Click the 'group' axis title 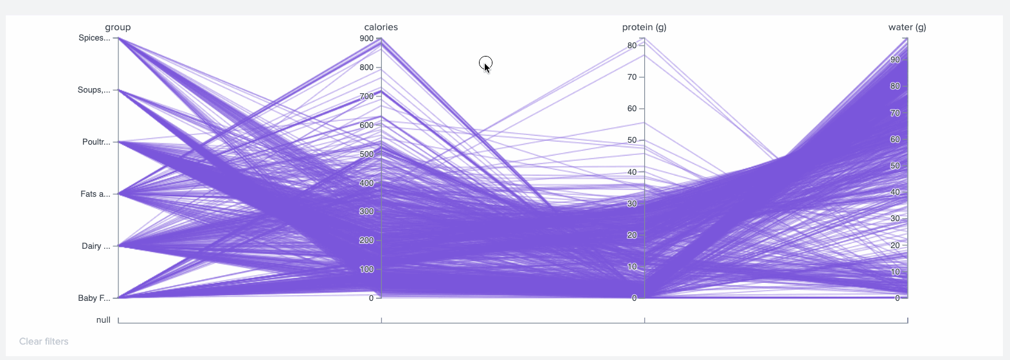[x=118, y=27]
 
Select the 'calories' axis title [x=381, y=27]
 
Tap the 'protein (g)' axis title [x=644, y=27]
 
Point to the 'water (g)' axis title [x=906, y=27]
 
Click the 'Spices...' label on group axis [x=94, y=38]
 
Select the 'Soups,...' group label [x=93, y=90]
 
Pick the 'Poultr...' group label [x=96, y=142]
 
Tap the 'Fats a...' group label [x=95, y=194]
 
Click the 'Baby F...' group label [x=94, y=298]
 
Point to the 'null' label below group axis [x=103, y=320]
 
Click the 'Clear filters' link [x=44, y=341]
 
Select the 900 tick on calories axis [x=366, y=39]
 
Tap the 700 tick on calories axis [x=366, y=96]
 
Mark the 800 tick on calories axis [x=366, y=67]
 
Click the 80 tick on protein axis [x=632, y=46]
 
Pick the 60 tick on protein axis [x=632, y=109]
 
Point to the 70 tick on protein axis [x=632, y=77]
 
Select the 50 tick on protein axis [x=632, y=140]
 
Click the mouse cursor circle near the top [x=485, y=63]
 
